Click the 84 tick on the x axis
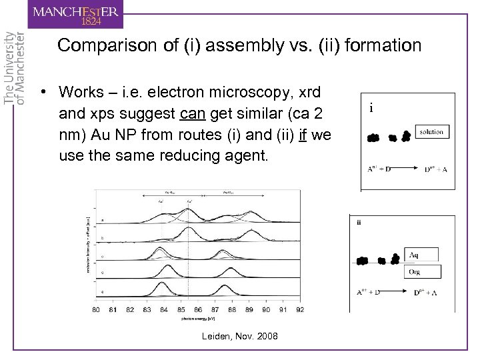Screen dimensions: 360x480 pyautogui.click(x=163, y=309)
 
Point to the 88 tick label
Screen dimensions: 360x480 pyautogui.click(x=232, y=309)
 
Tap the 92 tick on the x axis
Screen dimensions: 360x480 pyautogui.click(x=301, y=309)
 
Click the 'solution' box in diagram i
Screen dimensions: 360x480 pyautogui.click(x=431, y=132)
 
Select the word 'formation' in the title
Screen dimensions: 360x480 pyautogui.click(x=380, y=46)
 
